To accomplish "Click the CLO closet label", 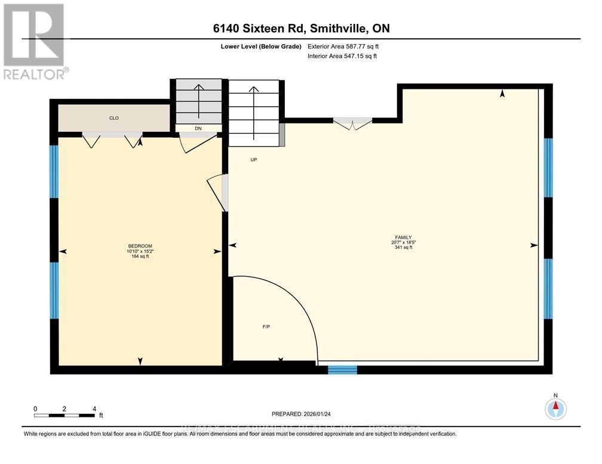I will pyautogui.click(x=113, y=118).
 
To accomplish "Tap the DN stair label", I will pyautogui.click(x=197, y=128).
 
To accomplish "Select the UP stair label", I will pyautogui.click(x=253, y=160).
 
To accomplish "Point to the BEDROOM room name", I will pyautogui.click(x=140, y=246).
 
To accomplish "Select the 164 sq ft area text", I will pyautogui.click(x=140, y=257).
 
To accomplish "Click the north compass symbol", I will pyautogui.click(x=555, y=409).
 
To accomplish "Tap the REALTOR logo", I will pyautogui.click(x=34, y=42).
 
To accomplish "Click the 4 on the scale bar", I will pyautogui.click(x=94, y=409).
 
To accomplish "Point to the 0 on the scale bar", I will pyautogui.click(x=35, y=409).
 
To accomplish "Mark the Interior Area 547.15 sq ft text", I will pyautogui.click(x=342, y=56).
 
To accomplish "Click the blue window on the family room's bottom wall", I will pyautogui.click(x=342, y=370).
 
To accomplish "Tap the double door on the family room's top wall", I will pyautogui.click(x=352, y=124).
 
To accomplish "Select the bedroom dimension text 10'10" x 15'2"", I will pyautogui.click(x=140, y=252).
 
